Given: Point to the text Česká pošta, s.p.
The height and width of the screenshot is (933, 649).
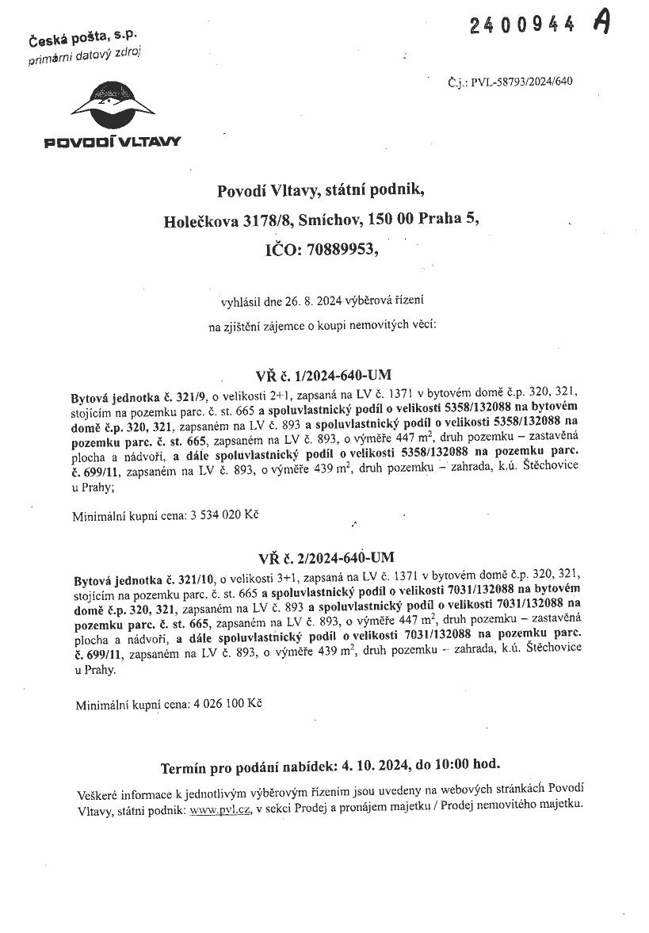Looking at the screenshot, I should (82, 39).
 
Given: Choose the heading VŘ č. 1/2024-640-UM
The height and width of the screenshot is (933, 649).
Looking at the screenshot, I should (324, 374).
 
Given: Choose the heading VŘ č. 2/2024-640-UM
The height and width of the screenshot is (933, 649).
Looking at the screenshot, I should (324, 556).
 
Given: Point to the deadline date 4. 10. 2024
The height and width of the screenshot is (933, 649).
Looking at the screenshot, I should (376, 767).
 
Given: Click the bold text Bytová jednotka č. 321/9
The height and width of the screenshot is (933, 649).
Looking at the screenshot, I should (139, 393).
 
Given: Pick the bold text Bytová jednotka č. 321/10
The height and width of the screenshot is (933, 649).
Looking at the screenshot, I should (142, 578).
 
